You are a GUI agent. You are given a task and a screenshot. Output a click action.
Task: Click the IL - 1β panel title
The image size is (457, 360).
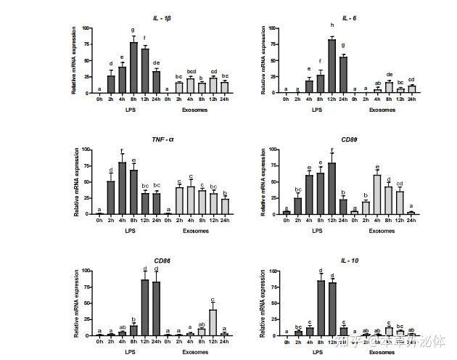[163, 17]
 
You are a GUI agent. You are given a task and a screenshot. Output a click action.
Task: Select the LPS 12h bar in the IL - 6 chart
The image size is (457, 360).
[332, 66]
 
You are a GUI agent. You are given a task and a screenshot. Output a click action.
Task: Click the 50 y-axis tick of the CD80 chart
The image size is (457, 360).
[274, 182]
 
